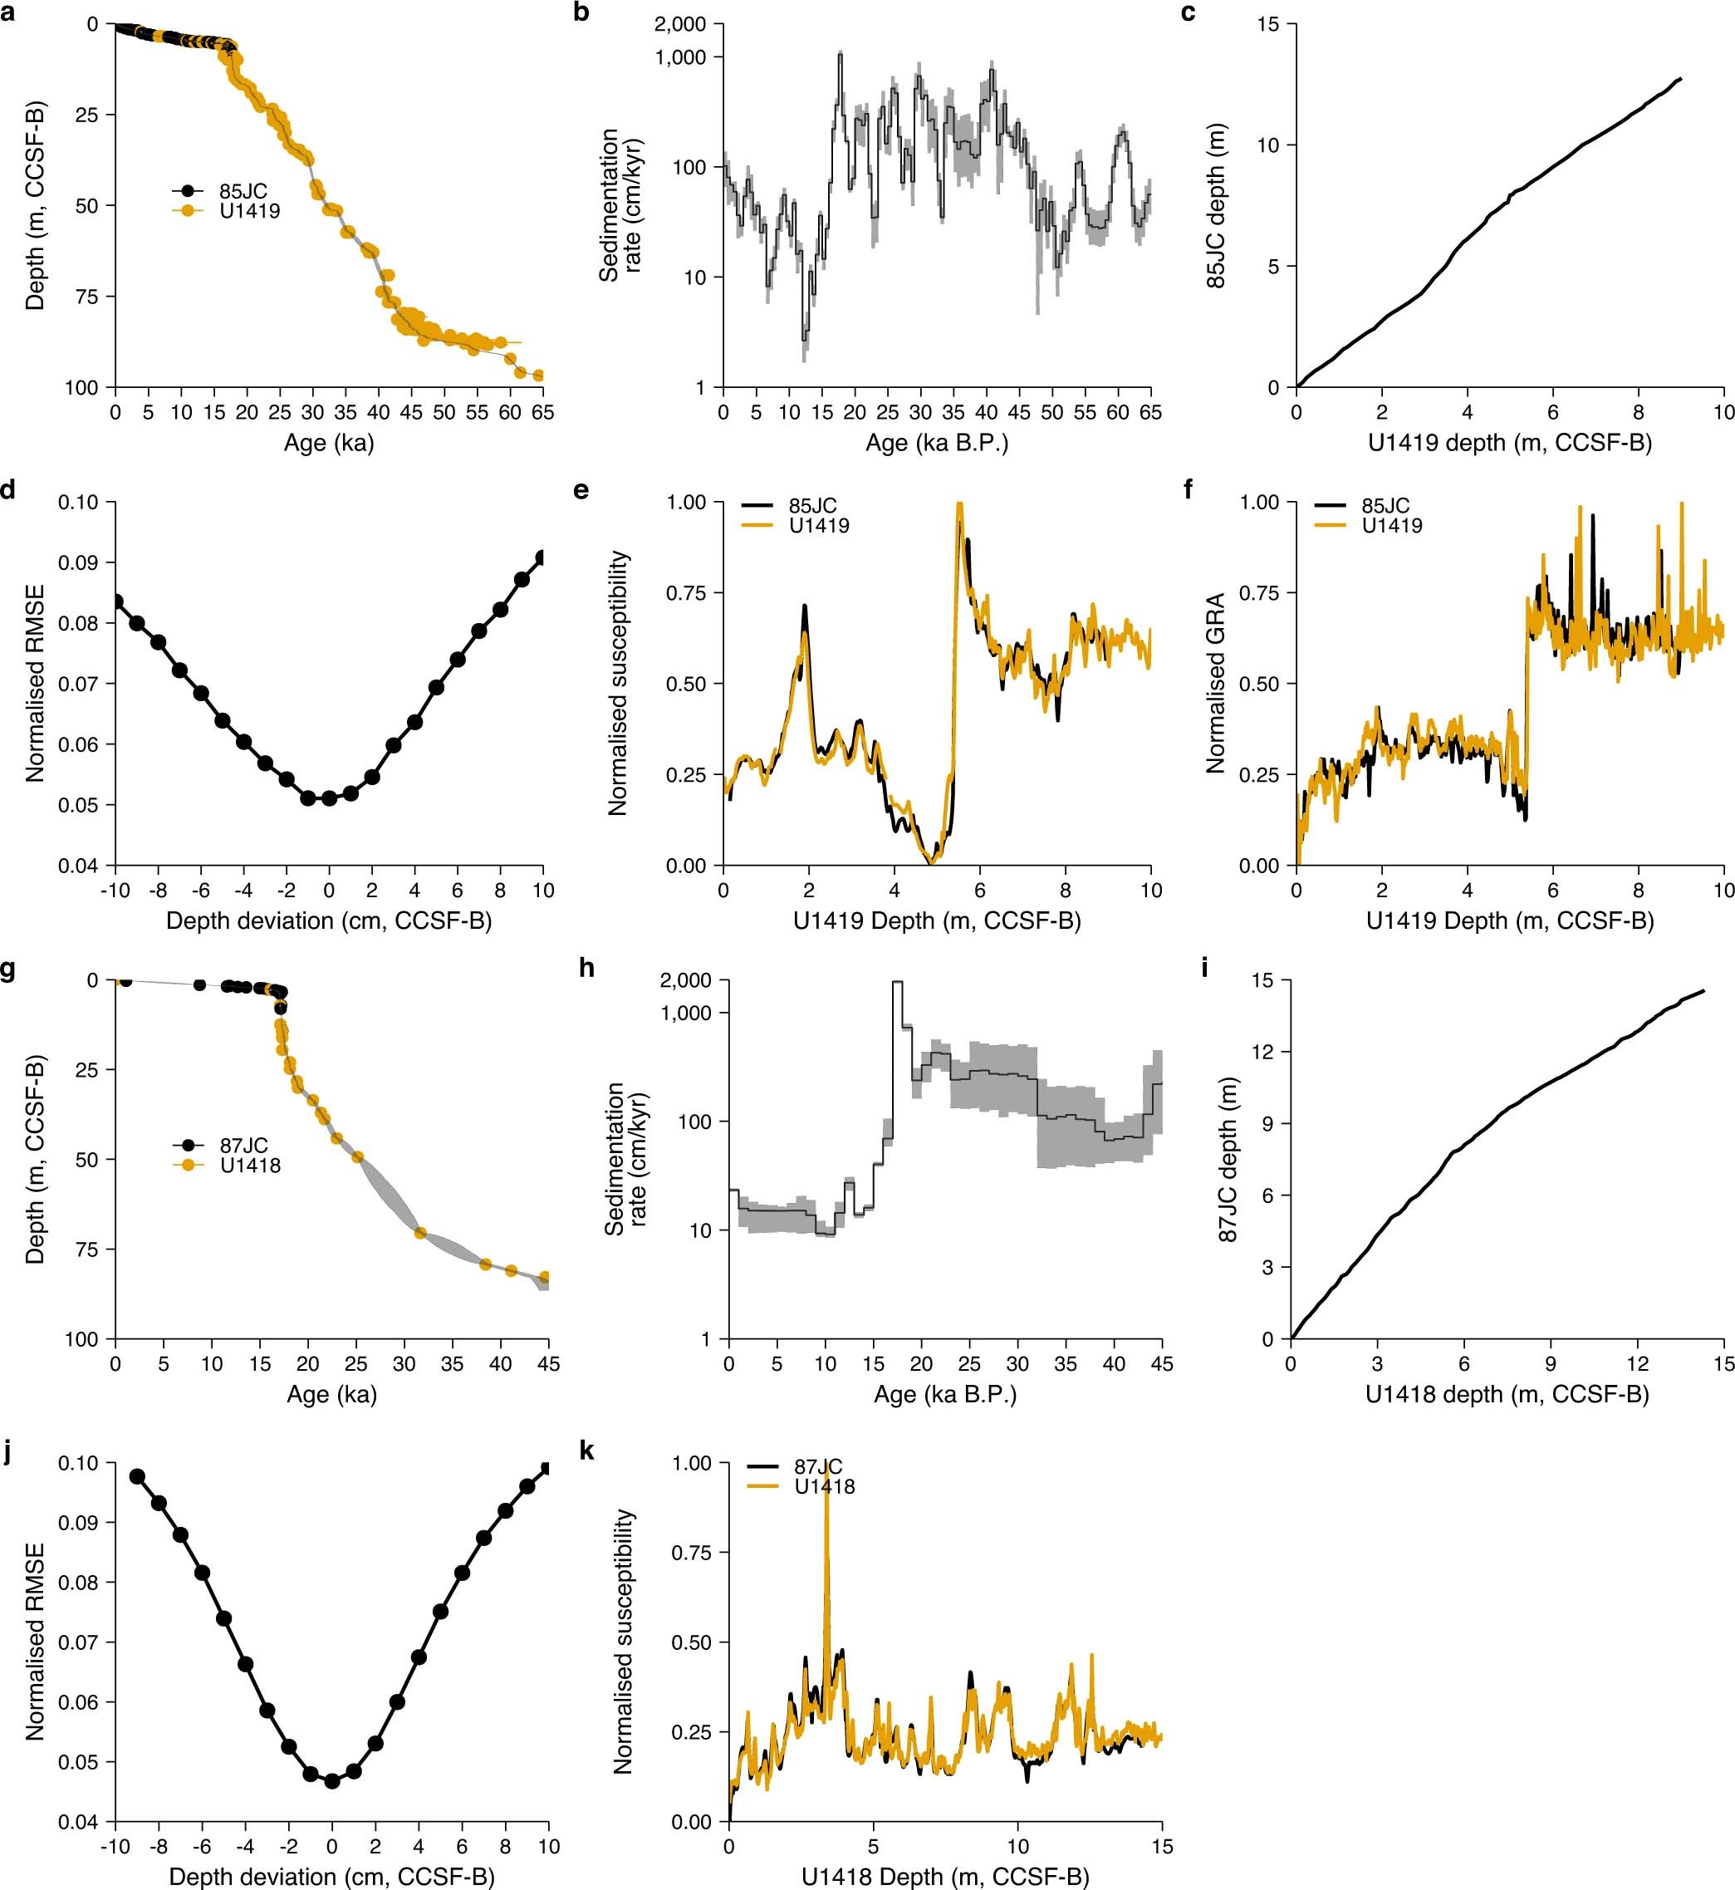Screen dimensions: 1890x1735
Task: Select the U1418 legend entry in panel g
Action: [250, 1166]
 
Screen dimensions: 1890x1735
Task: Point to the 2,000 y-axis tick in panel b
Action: [681, 24]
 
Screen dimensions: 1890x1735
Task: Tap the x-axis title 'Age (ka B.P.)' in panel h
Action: [944, 1394]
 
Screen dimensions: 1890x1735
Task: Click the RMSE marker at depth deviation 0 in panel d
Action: [330, 798]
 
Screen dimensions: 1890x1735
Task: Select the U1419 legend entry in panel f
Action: [1391, 526]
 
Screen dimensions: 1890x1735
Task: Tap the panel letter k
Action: [587, 1451]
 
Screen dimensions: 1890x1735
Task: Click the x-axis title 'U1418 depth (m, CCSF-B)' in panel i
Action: [1507, 1394]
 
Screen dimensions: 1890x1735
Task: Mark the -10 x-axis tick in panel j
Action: [115, 1847]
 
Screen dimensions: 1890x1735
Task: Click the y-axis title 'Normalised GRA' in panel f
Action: [1216, 684]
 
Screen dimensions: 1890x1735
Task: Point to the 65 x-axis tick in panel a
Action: [542, 412]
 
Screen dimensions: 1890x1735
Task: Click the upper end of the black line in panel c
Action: [1679, 79]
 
